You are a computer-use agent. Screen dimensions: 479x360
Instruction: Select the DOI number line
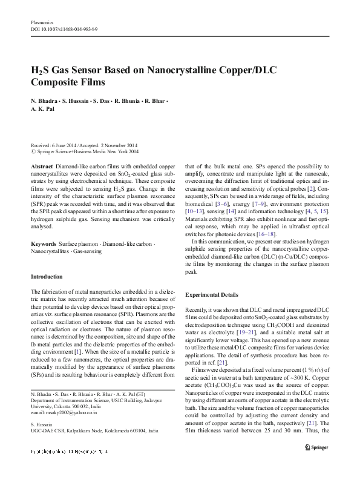64,29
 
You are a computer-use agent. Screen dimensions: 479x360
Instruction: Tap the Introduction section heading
47,276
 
